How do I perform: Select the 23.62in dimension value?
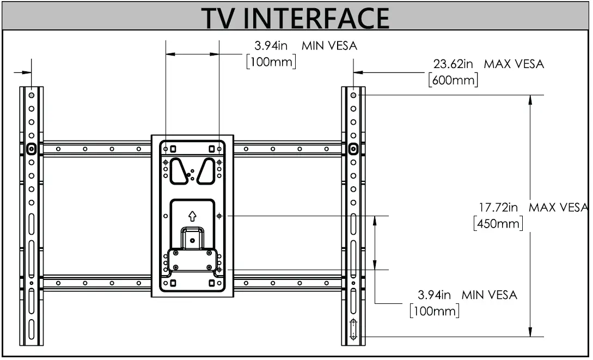pyautogui.click(x=453, y=64)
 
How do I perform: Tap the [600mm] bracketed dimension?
pyautogui.click(x=454, y=80)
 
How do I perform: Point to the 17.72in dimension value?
pyautogui.click(x=498, y=208)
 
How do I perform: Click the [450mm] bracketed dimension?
pyautogui.click(x=498, y=223)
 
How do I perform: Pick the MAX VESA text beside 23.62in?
pyautogui.click(x=514, y=64)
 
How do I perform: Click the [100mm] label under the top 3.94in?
pyautogui.click(x=271, y=62)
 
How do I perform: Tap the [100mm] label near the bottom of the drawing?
pyautogui.click(x=434, y=311)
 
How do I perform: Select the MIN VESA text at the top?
pyautogui.click(x=329, y=46)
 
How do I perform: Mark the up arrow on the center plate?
pyautogui.click(x=192, y=216)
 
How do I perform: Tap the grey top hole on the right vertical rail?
pyautogui.click(x=353, y=95)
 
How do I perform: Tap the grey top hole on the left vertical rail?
pyautogui.click(x=32, y=95)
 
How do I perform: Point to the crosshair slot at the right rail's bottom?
pyautogui.click(x=353, y=329)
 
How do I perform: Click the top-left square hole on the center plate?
pyautogui.click(x=173, y=148)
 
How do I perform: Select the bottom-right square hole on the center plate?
pyautogui.click(x=211, y=283)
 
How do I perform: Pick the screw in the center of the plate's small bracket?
pyautogui.click(x=192, y=239)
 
